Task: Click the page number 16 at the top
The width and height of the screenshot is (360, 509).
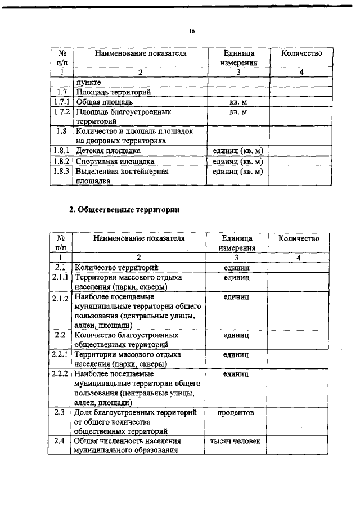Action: pyautogui.click(x=192, y=31)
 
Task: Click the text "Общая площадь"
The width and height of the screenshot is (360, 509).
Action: pyautogui.click(x=104, y=102)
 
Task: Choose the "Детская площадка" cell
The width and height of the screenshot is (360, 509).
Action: pyautogui.click(x=109, y=151)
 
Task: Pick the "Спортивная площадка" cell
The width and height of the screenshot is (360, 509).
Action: pyautogui.click(x=115, y=161)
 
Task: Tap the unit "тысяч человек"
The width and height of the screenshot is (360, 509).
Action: pyautogui.click(x=235, y=441)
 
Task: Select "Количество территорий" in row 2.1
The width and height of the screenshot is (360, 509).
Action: pyautogui.click(x=116, y=267)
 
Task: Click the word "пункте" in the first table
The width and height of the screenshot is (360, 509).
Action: pyautogui.click(x=89, y=82)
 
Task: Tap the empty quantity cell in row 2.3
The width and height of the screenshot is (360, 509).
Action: pyautogui.click(x=298, y=422)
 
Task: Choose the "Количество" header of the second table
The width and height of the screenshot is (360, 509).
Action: pyautogui.click(x=299, y=238)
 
